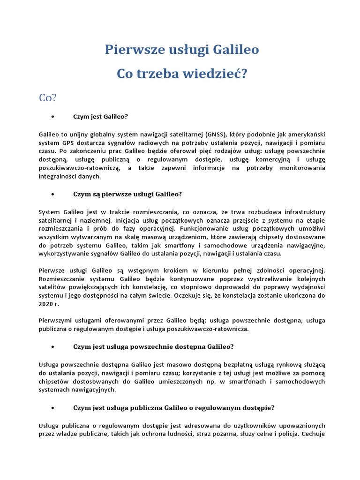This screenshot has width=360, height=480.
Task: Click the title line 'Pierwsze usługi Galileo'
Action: coord(181,49)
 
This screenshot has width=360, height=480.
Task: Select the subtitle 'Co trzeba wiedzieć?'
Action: coord(181,74)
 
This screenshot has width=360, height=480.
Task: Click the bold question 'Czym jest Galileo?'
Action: coord(101,116)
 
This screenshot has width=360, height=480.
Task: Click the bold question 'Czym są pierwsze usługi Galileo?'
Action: coord(127,194)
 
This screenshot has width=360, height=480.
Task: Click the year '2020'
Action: coord(47,304)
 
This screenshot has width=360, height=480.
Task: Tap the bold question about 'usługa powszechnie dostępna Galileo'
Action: coord(153,346)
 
